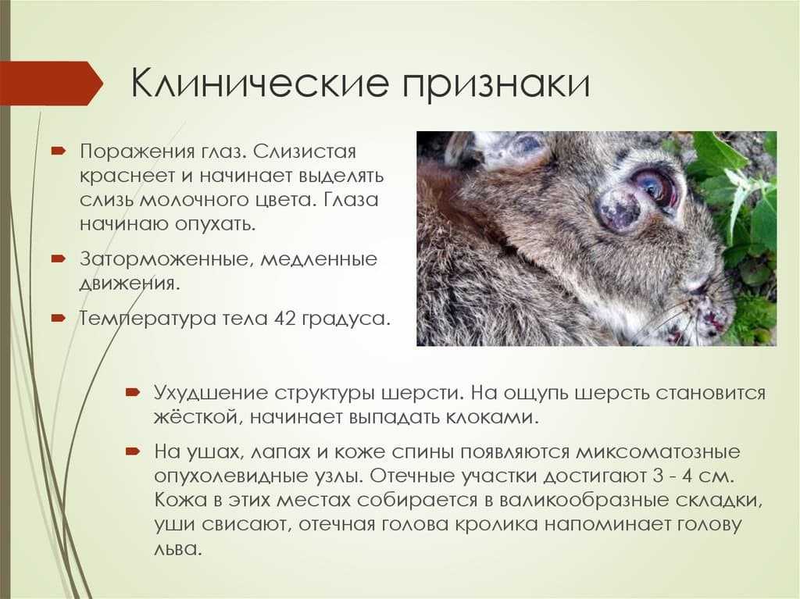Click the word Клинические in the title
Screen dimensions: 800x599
pos(260,82)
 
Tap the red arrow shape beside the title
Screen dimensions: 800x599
pos(51,83)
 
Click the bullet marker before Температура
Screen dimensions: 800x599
pos(58,319)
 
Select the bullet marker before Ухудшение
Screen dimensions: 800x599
pos(133,392)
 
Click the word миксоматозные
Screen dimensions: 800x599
pos(658,452)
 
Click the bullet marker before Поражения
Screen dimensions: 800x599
pos(58,151)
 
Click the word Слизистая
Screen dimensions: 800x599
pos(305,152)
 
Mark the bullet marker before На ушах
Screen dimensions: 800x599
pos(133,451)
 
